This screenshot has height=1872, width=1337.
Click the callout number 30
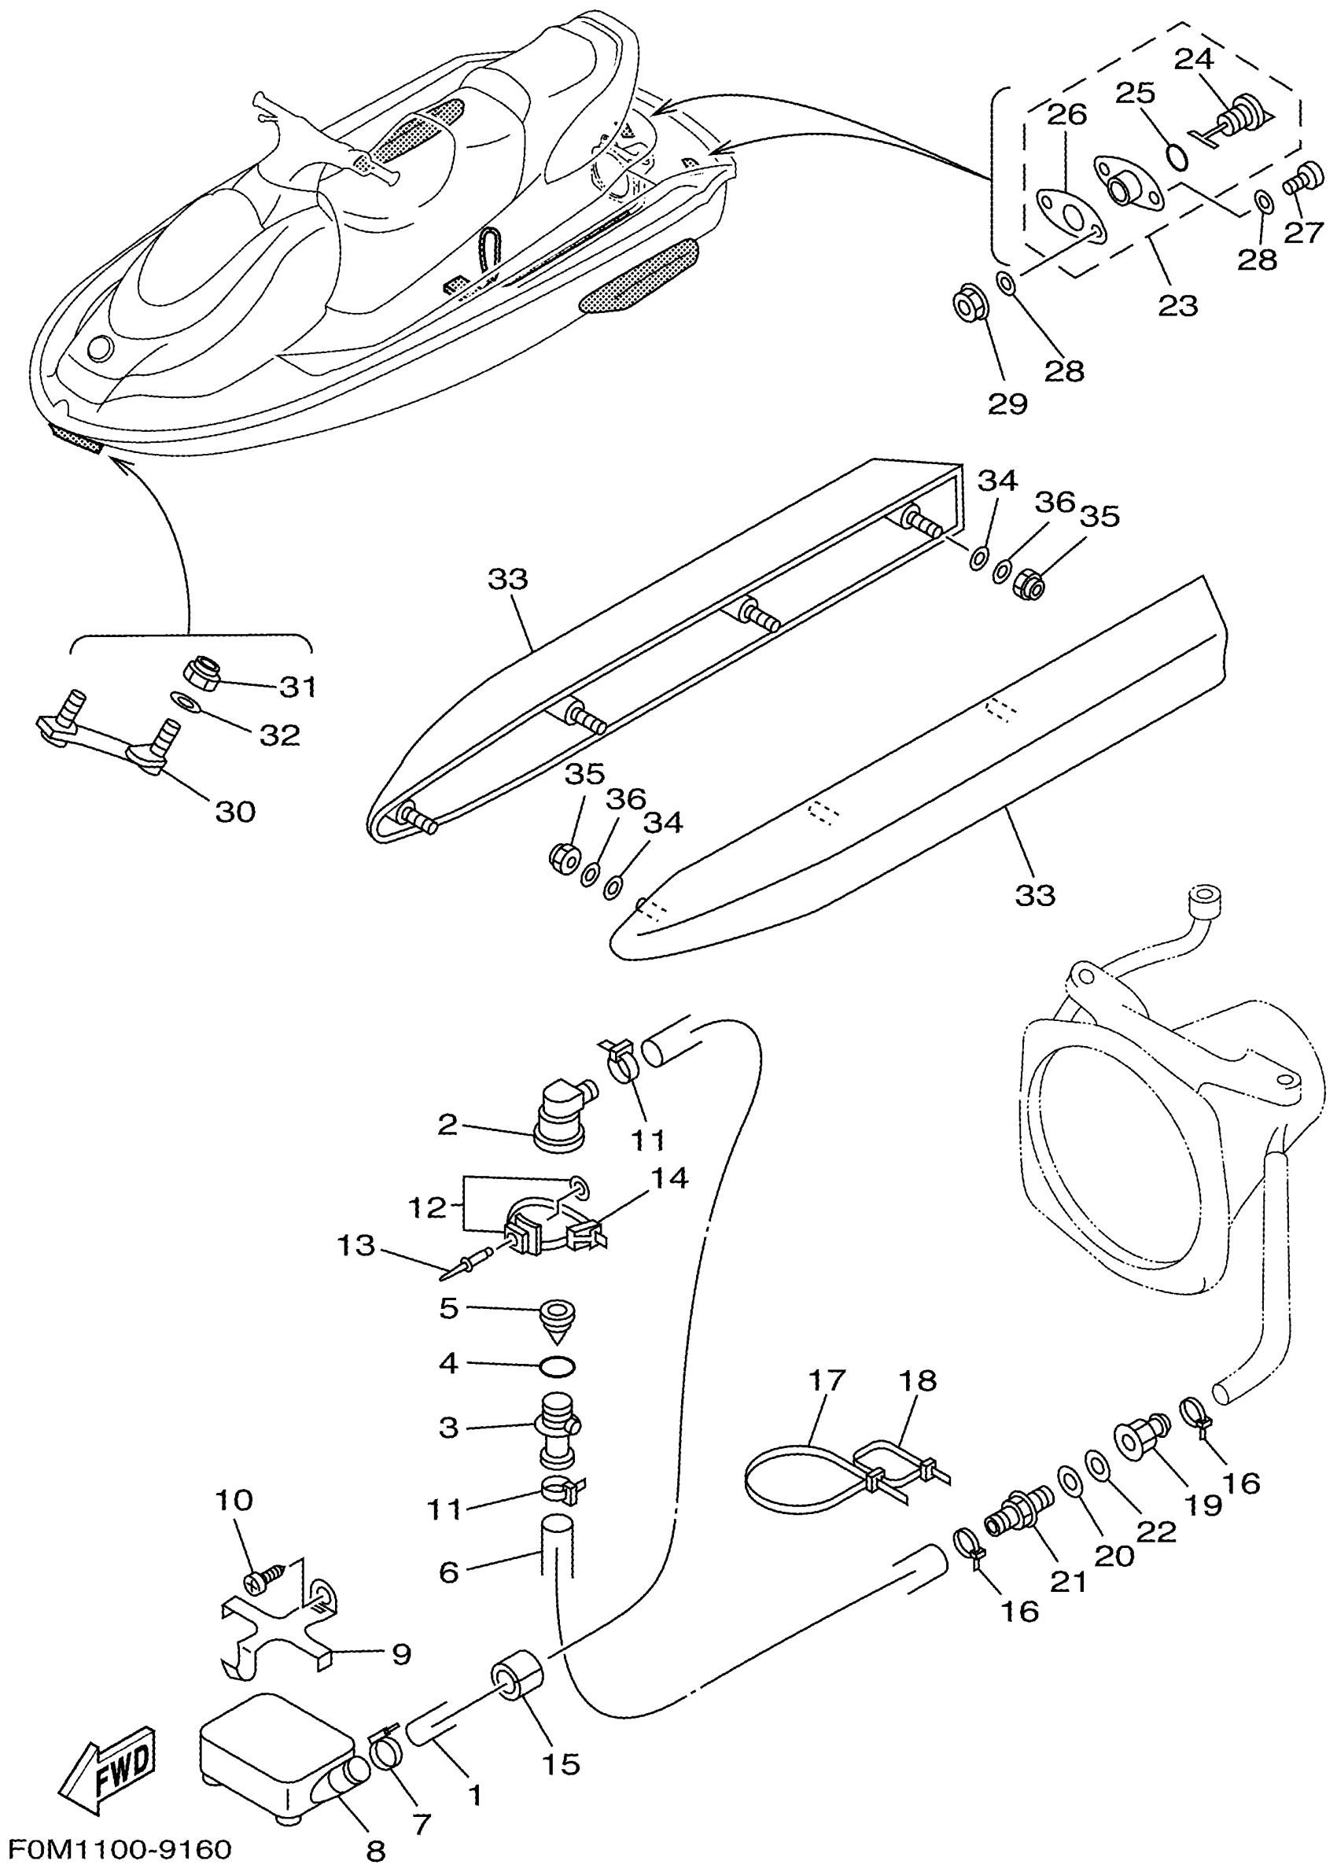click(x=235, y=812)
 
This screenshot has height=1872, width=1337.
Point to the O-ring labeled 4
click(x=558, y=1366)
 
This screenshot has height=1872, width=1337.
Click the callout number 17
click(x=826, y=1380)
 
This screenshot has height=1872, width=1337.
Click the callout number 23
click(x=1177, y=305)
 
